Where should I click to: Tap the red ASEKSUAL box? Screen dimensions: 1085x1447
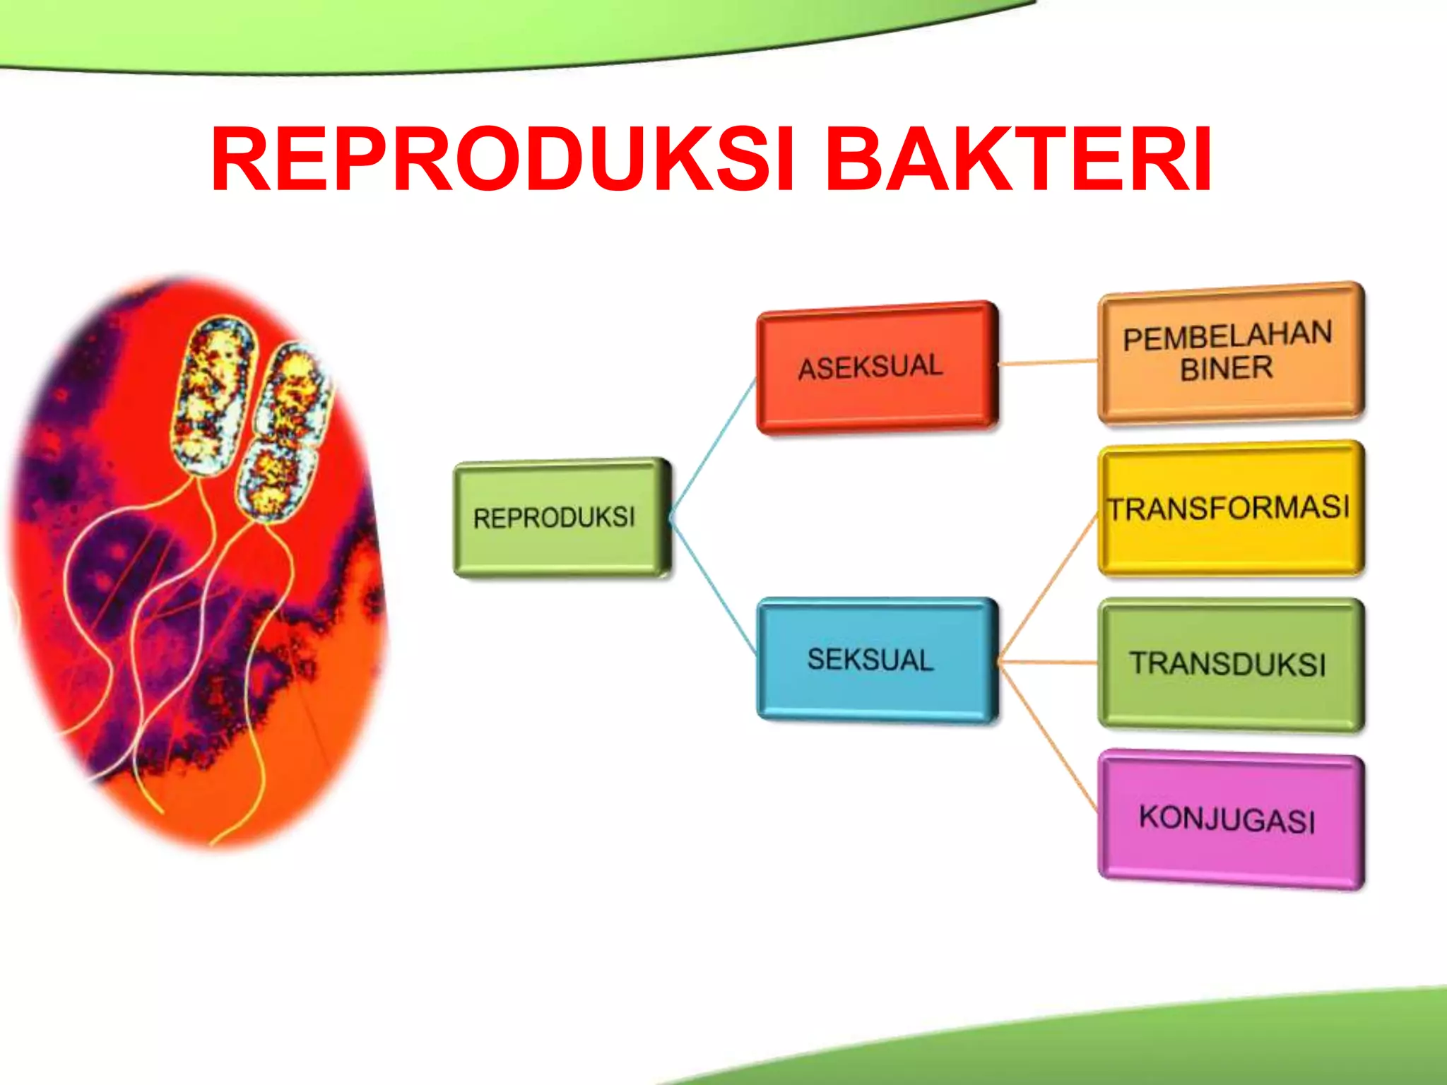click(x=876, y=366)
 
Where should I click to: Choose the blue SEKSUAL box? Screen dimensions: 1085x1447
click(x=876, y=660)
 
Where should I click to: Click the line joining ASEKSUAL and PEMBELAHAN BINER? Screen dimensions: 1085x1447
click(x=1049, y=362)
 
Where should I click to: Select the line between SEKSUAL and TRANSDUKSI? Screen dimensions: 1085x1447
click(x=1049, y=663)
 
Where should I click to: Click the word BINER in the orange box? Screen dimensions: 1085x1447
click(x=1227, y=369)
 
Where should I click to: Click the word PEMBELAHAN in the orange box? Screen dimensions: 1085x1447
click(x=1227, y=336)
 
